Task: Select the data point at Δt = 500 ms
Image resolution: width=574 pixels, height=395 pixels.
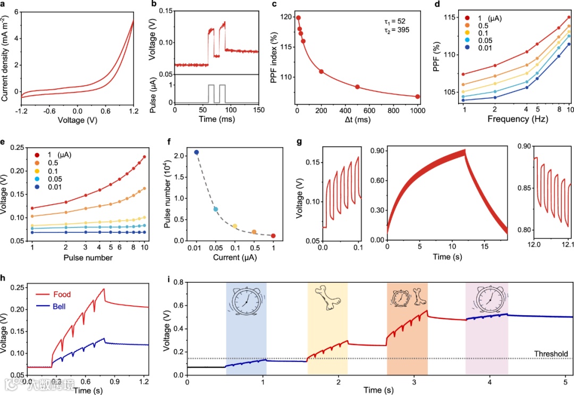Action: coord(357,87)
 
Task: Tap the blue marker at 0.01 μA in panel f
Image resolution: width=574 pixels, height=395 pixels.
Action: coord(196,152)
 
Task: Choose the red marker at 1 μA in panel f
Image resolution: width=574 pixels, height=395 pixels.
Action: coord(273,236)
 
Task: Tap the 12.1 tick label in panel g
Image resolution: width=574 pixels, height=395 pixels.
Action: coord(568,247)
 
